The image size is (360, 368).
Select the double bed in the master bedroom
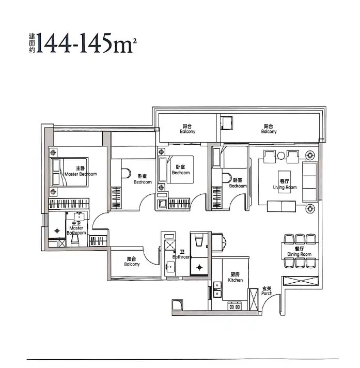(69, 172)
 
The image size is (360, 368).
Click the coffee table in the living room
(284, 182)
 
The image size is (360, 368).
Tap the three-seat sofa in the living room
(310, 181)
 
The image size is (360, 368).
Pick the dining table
(300, 251)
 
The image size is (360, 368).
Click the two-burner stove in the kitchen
(234, 306)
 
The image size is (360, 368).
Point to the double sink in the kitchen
(217, 289)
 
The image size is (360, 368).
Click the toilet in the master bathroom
(75, 241)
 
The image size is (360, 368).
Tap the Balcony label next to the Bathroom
(132, 262)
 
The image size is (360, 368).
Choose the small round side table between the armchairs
(281, 156)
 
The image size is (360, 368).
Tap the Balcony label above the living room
(269, 129)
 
